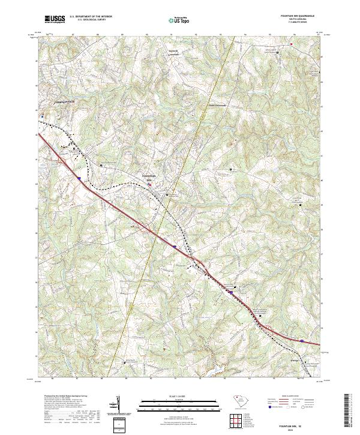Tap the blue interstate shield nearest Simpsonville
(79, 177)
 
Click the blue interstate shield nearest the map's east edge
(301, 340)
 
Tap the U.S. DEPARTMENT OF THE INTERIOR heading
(90, 17)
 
